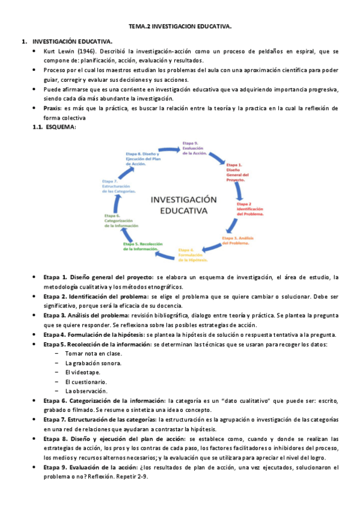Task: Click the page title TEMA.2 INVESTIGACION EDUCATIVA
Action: pos(180,27)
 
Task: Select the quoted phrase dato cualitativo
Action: pos(241,401)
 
